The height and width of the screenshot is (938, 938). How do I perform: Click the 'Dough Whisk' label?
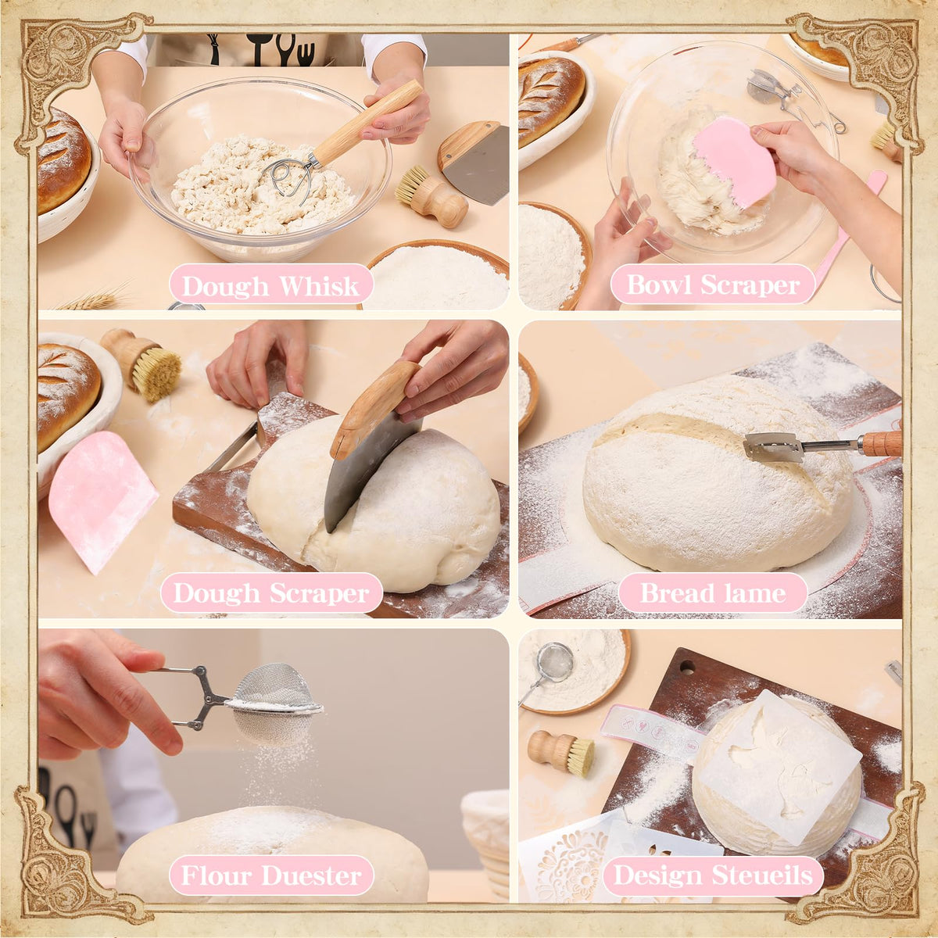[x=270, y=286]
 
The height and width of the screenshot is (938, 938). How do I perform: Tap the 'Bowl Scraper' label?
[x=713, y=285]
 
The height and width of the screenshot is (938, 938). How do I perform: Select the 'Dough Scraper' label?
[x=271, y=593]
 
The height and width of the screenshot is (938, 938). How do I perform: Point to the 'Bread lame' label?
[x=713, y=593]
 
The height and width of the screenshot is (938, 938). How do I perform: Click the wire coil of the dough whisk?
[x=288, y=179]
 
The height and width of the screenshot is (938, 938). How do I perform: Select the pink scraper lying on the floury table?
[x=102, y=500]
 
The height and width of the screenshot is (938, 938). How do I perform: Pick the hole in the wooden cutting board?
[x=687, y=667]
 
